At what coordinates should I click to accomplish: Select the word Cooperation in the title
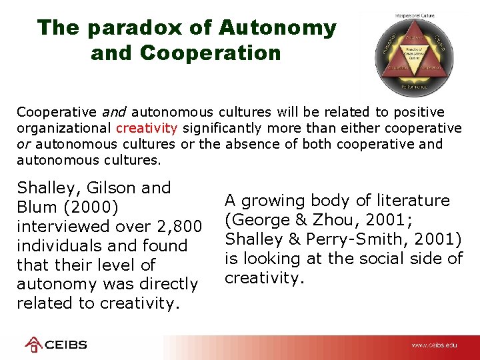(186, 53)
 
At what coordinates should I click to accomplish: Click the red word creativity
(147, 127)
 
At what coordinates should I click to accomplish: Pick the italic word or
(24, 144)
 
